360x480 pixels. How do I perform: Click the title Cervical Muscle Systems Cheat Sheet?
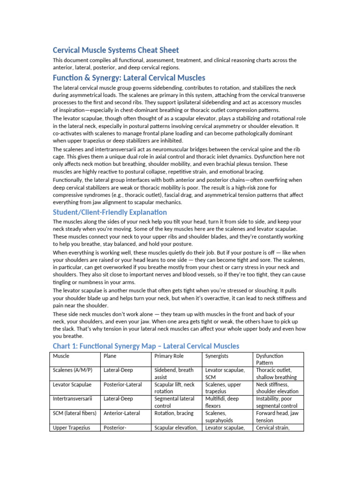tap(116, 50)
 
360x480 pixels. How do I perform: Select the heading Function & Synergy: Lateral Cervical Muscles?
tap(129, 77)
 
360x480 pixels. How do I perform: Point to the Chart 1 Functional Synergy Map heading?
tap(146, 346)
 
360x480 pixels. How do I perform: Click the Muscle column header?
tap(61, 356)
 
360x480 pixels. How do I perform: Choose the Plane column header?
tap(110, 356)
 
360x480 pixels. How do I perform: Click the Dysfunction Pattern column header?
tap(270, 360)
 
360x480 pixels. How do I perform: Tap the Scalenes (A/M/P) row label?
tap(73, 370)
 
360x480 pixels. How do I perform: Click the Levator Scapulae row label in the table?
tap(72, 385)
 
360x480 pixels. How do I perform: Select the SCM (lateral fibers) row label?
tap(75, 413)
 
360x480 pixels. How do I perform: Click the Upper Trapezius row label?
tap(71, 427)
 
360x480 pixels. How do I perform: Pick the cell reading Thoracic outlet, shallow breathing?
tap(277, 374)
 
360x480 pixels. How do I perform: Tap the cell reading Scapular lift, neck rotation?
tap(174, 388)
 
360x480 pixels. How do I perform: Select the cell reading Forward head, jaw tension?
tap(277, 417)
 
